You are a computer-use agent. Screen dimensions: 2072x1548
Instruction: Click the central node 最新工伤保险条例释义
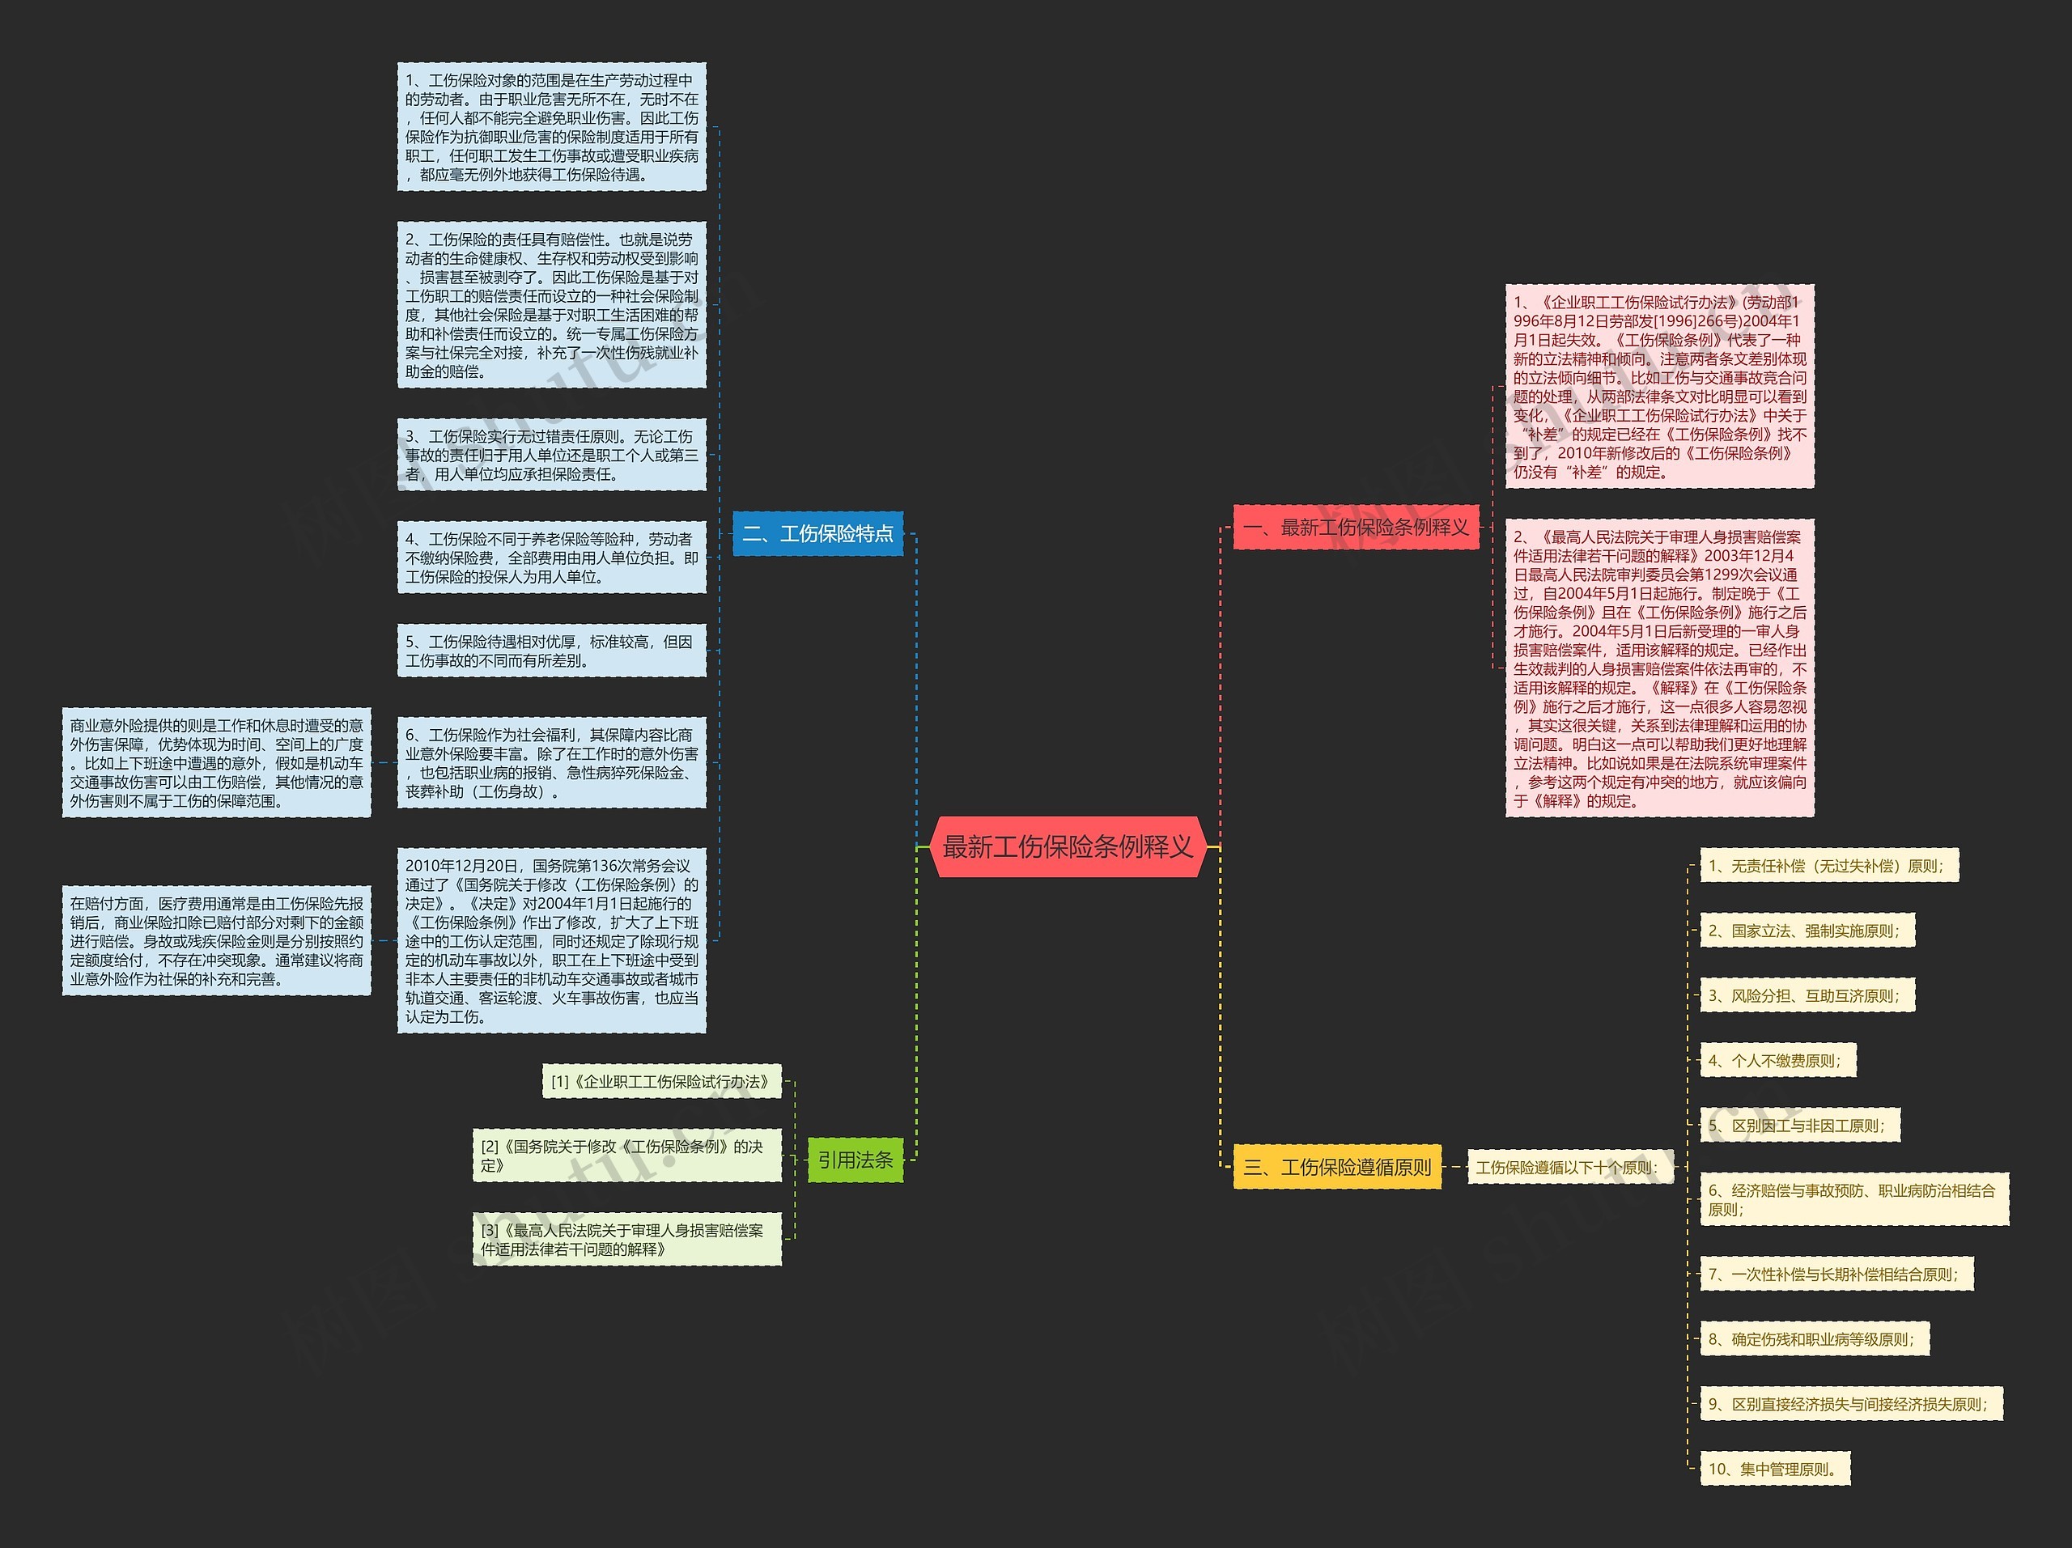1067,846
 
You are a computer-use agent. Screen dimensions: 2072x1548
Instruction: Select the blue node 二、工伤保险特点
817,534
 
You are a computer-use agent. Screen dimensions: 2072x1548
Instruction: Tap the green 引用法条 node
854,1160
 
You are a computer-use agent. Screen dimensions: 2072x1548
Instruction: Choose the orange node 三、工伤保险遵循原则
1337,1167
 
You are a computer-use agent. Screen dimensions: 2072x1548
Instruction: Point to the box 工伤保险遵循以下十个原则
1567,1167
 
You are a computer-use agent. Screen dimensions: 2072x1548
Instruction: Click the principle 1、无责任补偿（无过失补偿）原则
1828,866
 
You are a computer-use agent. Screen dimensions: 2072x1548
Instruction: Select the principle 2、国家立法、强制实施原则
1806,931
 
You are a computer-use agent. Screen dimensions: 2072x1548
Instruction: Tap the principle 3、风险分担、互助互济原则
1806,995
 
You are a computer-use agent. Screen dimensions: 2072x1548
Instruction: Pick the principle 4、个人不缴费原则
1776,1061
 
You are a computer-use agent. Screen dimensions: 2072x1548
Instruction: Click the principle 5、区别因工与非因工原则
1798,1126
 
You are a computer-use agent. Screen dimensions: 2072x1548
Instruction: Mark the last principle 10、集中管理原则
1774,1470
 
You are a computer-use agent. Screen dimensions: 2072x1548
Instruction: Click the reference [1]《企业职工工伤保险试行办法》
660,1082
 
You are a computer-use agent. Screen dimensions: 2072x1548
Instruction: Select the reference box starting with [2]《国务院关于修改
626,1156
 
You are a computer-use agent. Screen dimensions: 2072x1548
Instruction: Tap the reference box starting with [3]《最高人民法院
626,1240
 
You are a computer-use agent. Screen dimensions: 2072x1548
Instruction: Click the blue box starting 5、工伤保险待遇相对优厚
551,651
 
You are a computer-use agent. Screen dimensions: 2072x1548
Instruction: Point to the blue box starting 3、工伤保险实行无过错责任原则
551,455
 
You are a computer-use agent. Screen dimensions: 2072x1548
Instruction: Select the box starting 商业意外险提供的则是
216,763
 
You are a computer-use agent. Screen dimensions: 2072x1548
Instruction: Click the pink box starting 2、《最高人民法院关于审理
1659,668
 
